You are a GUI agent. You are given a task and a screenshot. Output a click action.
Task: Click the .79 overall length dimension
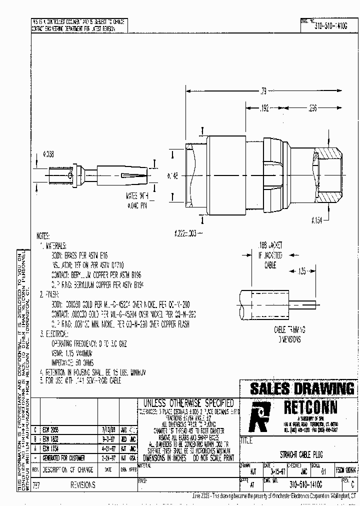coord(263,91)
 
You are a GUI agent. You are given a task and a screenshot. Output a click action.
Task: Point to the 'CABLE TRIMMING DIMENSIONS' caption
coord(289,334)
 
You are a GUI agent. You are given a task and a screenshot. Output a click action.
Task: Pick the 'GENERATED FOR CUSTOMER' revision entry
coord(63,457)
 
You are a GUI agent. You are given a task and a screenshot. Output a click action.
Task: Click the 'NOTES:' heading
coord(43,235)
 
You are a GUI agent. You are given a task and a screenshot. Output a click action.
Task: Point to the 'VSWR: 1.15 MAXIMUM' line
coord(80,353)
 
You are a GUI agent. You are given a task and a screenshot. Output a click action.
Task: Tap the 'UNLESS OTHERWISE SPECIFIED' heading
coord(188,402)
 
